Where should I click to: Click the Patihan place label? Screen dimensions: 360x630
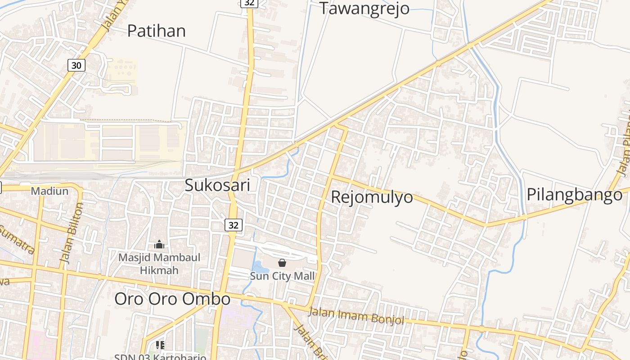point(156,31)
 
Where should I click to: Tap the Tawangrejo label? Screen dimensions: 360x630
point(364,9)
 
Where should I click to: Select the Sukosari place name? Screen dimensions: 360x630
point(217,185)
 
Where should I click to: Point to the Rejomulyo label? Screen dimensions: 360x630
point(372,197)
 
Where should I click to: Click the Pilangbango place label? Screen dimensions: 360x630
point(574,194)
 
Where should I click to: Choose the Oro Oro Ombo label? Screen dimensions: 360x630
point(172,299)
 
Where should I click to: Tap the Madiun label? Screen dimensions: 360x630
point(49,191)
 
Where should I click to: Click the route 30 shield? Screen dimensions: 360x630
point(76,65)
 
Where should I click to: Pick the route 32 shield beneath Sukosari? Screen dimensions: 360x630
point(233,225)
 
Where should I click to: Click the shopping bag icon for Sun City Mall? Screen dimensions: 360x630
point(282,263)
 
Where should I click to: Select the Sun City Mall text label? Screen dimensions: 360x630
point(282,276)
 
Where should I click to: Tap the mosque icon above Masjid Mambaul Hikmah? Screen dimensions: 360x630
point(159,244)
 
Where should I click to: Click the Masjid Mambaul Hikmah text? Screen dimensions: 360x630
point(159,264)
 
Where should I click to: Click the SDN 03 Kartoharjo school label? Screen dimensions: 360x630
point(160,357)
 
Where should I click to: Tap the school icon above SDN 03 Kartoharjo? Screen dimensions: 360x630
point(160,345)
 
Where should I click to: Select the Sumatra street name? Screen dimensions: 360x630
point(17,239)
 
